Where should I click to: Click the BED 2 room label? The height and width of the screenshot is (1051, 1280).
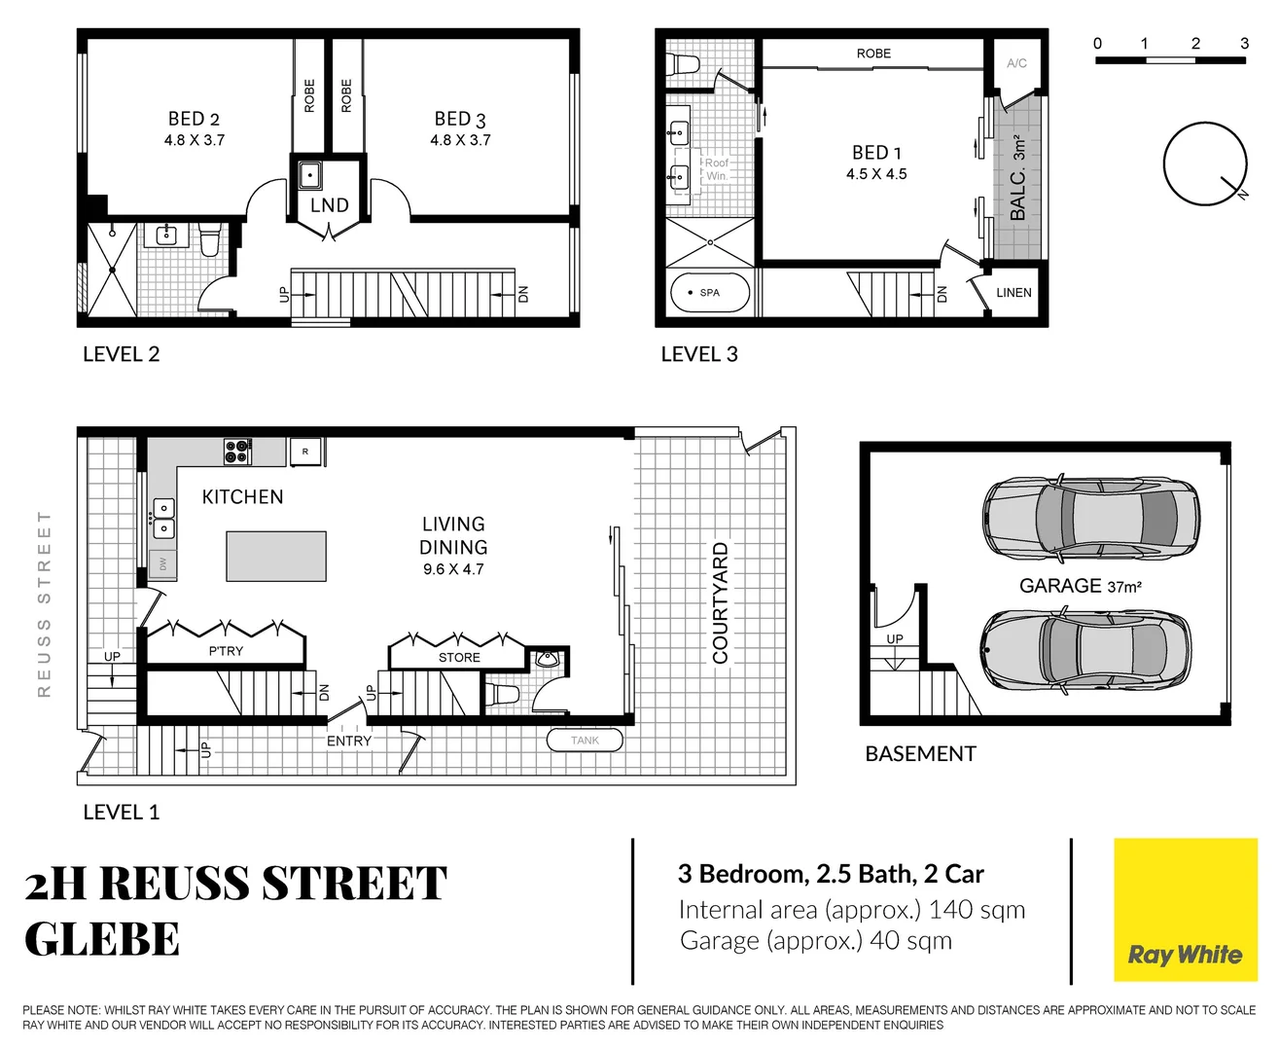[x=194, y=119]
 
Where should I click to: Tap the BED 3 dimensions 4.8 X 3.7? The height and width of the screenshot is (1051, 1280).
[x=460, y=140]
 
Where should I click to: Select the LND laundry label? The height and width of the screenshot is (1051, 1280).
[x=329, y=205]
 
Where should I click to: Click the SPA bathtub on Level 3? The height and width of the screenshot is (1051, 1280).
[x=710, y=292]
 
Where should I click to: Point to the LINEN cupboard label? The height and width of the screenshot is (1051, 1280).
[x=1013, y=292]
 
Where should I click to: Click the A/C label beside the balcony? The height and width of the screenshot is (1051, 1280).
[x=1016, y=63]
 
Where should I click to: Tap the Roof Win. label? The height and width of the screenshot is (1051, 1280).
[x=717, y=169]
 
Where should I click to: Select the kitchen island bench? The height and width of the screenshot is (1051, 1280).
[x=276, y=556]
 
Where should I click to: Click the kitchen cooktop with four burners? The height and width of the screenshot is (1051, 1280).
[x=237, y=452]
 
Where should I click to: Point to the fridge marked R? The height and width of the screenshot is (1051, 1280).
[x=305, y=452]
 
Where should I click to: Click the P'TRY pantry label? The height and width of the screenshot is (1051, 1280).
[x=226, y=651]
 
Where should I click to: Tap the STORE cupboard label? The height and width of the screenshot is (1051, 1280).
[x=459, y=658]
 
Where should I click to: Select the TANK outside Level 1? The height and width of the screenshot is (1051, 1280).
[x=585, y=741]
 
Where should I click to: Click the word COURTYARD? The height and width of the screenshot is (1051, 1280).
[x=721, y=603]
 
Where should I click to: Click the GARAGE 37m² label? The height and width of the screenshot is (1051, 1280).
[x=1080, y=586]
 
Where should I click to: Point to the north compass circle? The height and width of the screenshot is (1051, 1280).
[x=1205, y=163]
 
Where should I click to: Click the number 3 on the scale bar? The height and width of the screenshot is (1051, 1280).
[x=1244, y=43]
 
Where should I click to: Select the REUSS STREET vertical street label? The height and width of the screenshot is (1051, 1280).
[x=44, y=603]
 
